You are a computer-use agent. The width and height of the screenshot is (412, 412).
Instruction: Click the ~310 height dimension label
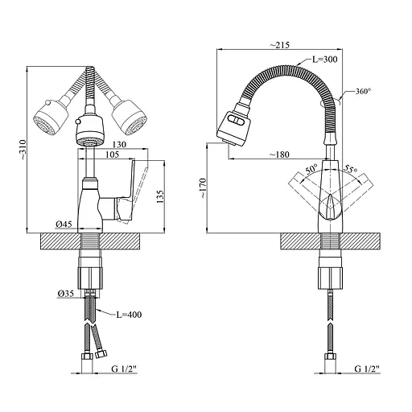click(x=23, y=150)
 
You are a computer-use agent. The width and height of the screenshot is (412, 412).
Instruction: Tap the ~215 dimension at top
click(x=279, y=44)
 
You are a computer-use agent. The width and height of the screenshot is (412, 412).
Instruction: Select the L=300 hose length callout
click(x=325, y=59)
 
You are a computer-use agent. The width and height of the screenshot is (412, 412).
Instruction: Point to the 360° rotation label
click(x=363, y=91)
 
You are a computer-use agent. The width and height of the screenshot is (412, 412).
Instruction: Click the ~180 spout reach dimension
click(x=279, y=154)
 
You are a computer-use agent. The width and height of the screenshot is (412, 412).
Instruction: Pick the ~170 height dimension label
click(x=203, y=188)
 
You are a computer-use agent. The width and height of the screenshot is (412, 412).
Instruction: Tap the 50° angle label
click(x=311, y=169)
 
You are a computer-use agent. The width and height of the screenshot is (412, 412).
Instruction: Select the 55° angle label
click(x=350, y=169)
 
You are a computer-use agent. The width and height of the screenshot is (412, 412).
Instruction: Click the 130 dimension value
click(x=119, y=145)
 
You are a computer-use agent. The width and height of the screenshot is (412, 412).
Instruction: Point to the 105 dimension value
click(x=112, y=154)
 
